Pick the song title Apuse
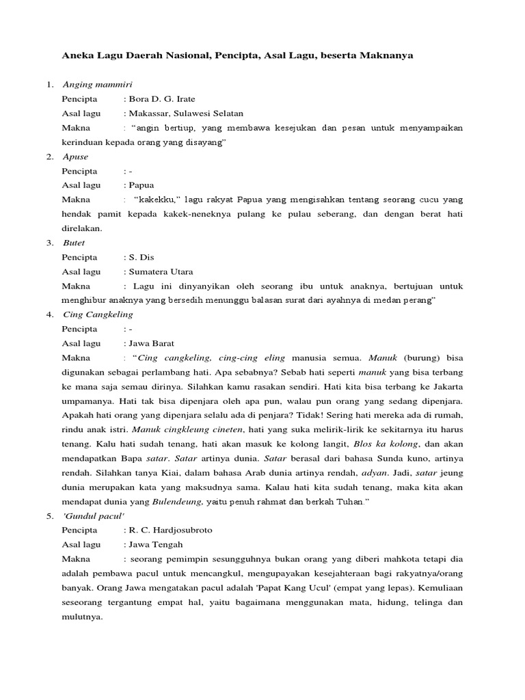coord(75,157)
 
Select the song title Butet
coord(74,243)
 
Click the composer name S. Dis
coord(142,257)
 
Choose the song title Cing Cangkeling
coord(98,314)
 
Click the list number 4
coord(50,314)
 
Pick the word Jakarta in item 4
coord(447,386)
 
